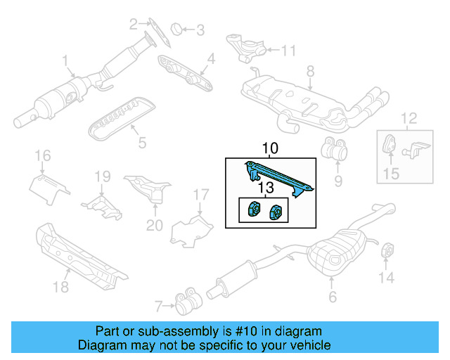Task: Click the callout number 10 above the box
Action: coord(271,148)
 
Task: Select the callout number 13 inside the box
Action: coord(265,188)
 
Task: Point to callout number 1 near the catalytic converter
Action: coord(65,60)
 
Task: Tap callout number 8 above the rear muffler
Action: coord(309,70)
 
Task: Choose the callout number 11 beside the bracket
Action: coord(290,50)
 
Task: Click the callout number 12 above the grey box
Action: coord(409,117)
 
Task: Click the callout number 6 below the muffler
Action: coord(333,297)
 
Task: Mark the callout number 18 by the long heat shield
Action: coord(60,287)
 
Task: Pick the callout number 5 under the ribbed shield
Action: coord(142,143)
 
